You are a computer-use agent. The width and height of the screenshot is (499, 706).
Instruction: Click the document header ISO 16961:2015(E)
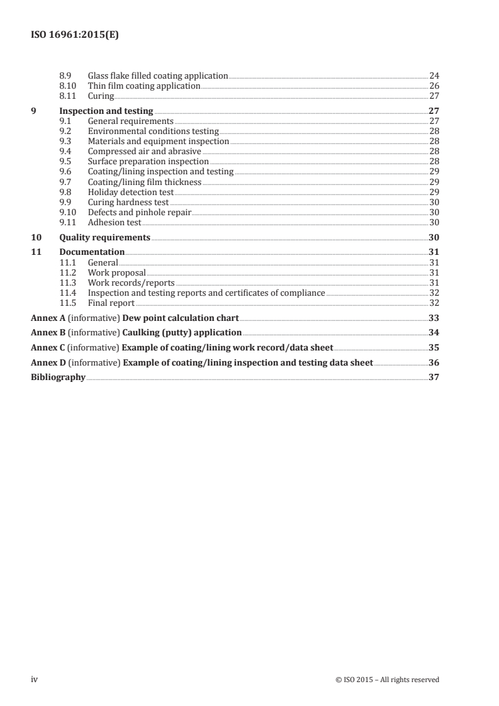75,36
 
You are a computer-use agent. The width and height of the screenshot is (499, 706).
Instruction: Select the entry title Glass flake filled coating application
157,76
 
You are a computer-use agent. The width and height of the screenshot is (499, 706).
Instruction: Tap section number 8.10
67,86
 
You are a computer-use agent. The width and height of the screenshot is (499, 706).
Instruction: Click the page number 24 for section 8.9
434,76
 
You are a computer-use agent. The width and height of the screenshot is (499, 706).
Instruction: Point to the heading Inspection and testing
106,111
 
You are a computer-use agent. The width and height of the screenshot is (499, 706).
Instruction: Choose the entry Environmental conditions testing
153,132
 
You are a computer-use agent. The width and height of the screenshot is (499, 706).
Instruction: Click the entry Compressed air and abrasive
144,152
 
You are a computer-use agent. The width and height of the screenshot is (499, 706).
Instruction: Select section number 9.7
65,182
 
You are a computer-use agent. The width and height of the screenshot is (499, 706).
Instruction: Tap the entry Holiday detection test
131,192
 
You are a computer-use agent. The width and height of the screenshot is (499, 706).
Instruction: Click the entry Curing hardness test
128,202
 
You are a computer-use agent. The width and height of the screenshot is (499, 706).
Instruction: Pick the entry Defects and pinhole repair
139,212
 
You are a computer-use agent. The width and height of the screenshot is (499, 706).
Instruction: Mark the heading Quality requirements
104,237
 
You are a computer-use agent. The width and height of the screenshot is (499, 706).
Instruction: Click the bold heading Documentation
92,252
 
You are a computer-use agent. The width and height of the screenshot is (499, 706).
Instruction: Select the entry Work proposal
116,272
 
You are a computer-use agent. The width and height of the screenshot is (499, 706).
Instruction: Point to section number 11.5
67,303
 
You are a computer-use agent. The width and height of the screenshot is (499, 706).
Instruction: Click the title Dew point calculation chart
180,318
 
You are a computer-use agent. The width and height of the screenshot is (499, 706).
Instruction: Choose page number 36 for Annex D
433,362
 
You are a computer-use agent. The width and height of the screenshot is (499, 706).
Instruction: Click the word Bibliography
58,378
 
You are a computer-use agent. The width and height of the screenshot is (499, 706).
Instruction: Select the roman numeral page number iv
35,679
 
